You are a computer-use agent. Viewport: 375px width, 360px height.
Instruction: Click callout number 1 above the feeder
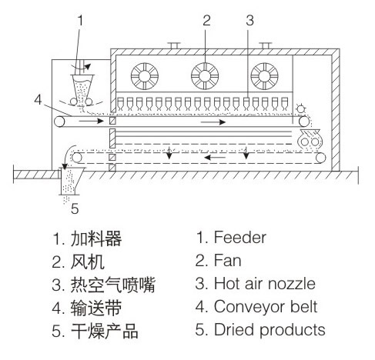click(80, 21)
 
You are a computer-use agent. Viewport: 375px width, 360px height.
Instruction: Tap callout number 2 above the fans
click(206, 21)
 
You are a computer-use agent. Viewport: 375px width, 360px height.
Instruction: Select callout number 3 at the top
click(249, 21)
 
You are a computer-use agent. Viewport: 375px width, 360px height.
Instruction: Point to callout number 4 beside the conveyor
click(38, 100)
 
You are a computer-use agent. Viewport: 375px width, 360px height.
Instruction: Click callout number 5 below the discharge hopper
click(75, 208)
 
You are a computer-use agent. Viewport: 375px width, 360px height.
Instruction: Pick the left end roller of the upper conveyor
click(59, 122)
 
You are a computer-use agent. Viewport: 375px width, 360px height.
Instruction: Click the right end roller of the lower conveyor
click(320, 158)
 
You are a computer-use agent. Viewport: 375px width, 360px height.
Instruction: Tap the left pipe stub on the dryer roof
click(174, 45)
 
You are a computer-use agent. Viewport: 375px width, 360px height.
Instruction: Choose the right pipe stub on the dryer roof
click(266, 45)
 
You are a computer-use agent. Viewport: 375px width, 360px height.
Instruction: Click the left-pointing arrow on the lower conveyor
click(215, 157)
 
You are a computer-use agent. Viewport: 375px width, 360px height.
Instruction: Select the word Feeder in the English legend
click(240, 237)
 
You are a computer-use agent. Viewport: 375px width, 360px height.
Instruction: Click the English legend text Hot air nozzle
click(265, 283)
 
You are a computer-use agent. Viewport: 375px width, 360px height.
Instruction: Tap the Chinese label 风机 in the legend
click(88, 262)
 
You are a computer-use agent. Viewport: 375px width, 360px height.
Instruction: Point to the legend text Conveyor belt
click(266, 306)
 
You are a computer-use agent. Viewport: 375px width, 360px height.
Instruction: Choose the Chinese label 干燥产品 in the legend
click(105, 331)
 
